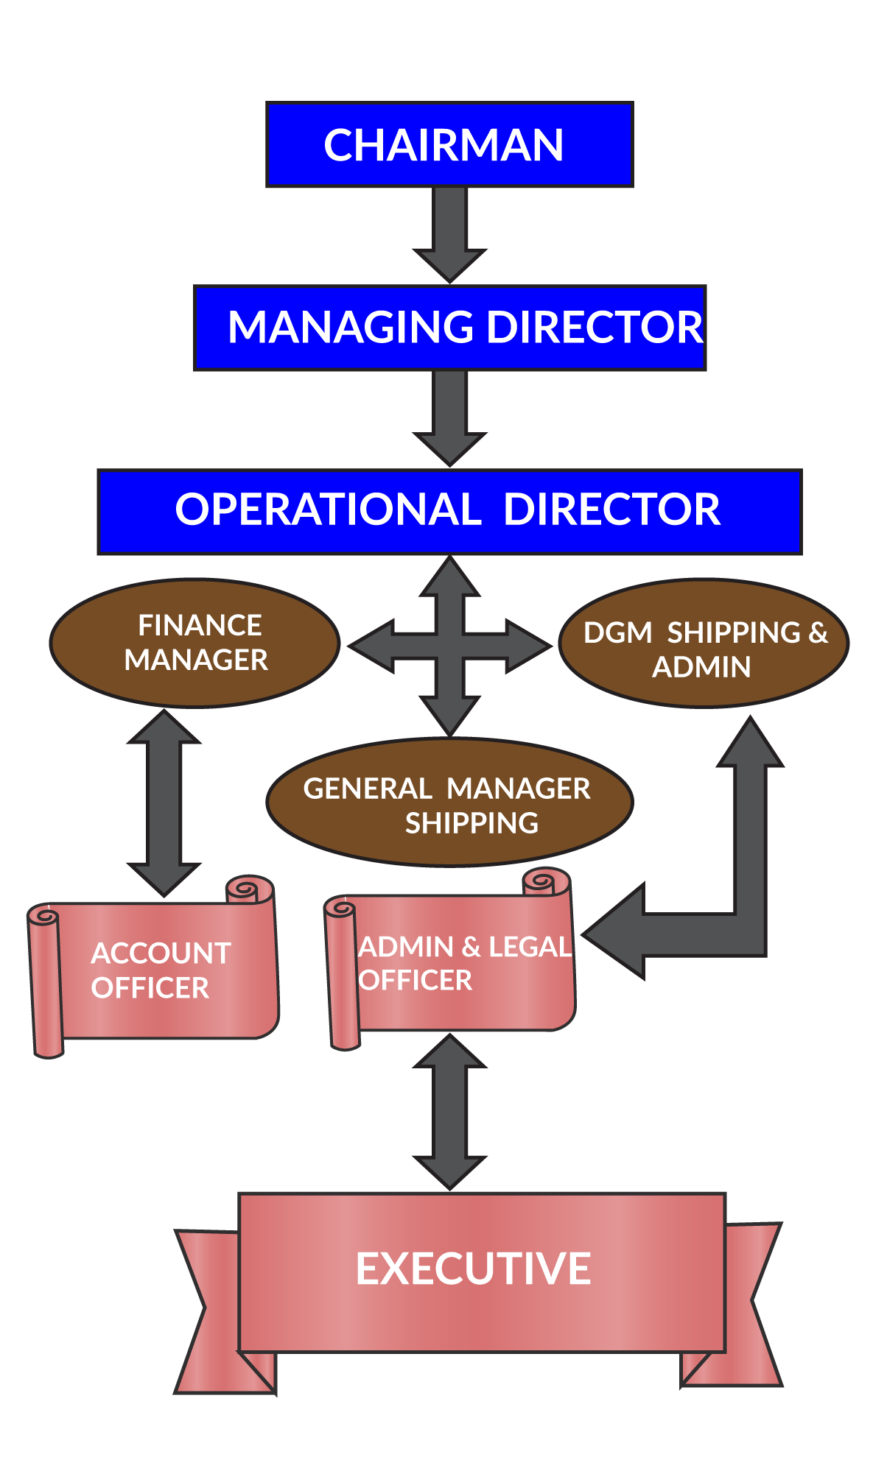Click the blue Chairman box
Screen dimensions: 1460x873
tap(449, 144)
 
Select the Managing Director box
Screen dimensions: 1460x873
tap(449, 328)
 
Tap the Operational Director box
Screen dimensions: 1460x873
tap(449, 511)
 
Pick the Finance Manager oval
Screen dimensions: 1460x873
tap(194, 643)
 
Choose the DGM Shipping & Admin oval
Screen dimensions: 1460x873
tap(704, 643)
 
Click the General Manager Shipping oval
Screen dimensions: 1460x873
tap(449, 803)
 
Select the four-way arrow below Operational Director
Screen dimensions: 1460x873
tap(449, 646)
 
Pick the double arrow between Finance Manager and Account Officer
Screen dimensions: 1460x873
tap(164, 803)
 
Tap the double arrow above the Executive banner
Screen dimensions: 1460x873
tap(449, 1112)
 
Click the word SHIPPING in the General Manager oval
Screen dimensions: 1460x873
tap(471, 823)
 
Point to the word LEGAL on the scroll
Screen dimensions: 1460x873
tap(530, 947)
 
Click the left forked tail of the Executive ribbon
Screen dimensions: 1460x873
tap(214, 1311)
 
